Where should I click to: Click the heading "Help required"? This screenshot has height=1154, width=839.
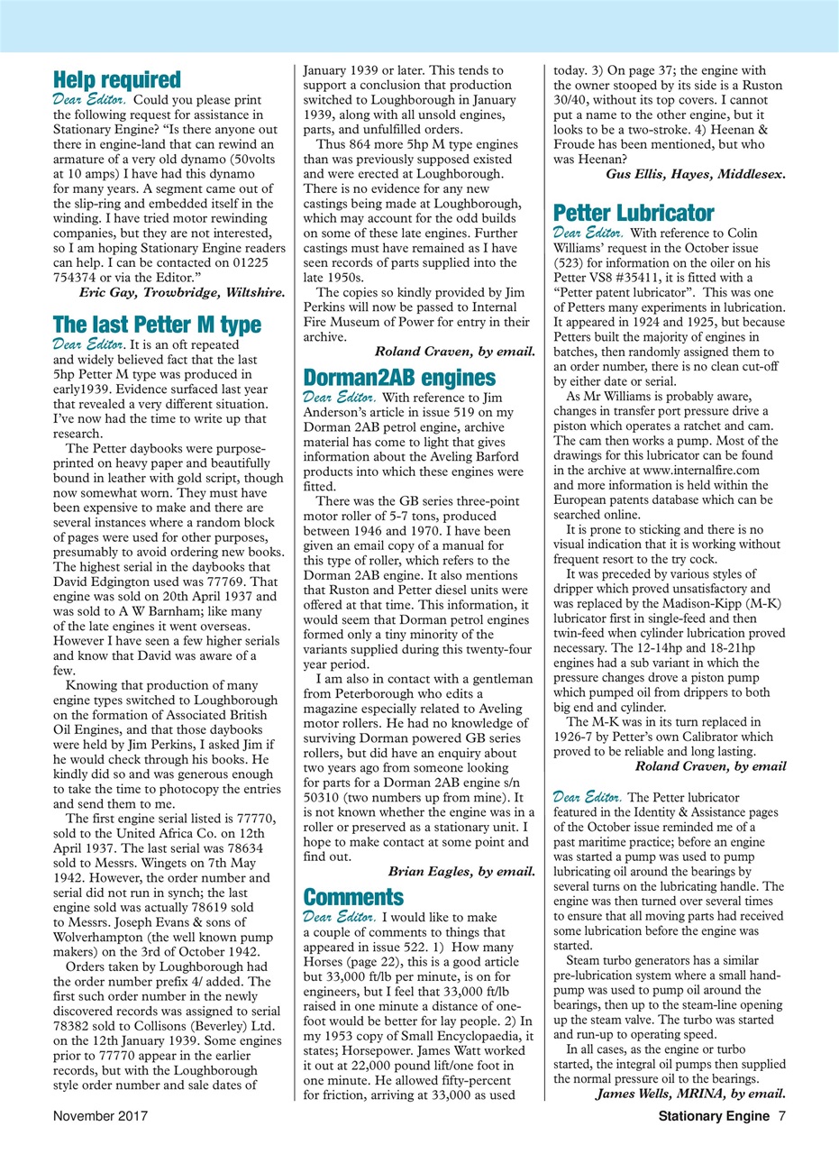(x=117, y=80)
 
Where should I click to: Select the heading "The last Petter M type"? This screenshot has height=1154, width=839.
(x=157, y=324)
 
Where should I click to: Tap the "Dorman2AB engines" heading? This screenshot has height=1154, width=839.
(x=398, y=377)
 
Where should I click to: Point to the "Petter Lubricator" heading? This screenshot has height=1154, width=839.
(x=634, y=214)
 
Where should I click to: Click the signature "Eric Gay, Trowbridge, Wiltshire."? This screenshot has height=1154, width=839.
(x=183, y=292)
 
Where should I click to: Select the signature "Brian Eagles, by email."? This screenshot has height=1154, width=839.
(x=461, y=871)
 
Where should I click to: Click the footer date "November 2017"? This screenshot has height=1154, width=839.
(x=99, y=1116)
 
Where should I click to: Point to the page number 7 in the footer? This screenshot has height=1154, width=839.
(x=782, y=1116)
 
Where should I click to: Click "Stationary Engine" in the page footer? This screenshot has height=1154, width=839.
(x=713, y=1116)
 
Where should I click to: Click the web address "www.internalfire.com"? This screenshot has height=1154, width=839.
(x=701, y=470)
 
